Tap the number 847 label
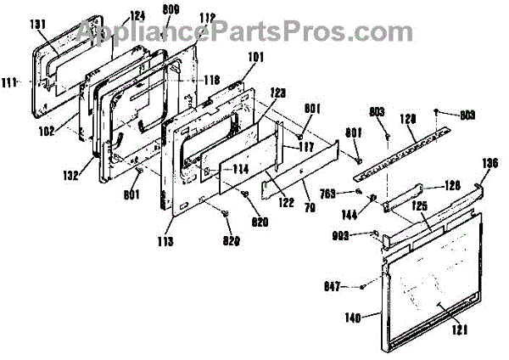tap(335, 289)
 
